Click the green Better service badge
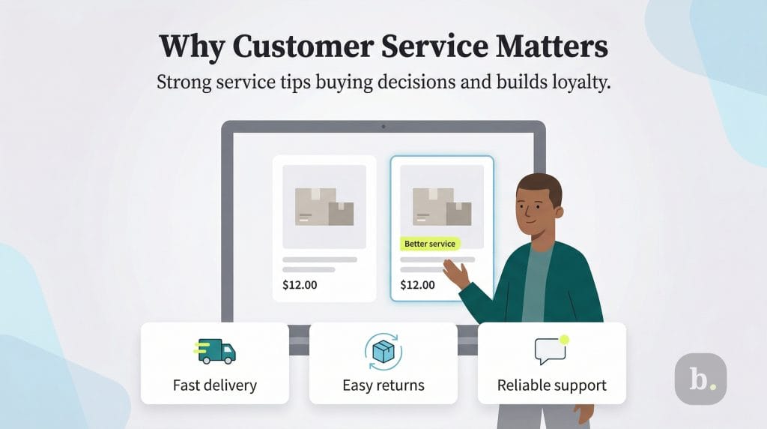pyautogui.click(x=429, y=244)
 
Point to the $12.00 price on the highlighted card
pyautogui.click(x=417, y=285)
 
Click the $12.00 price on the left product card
pyautogui.click(x=300, y=285)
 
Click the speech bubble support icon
pyautogui.click(x=551, y=350)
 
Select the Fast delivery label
pyautogui.click(x=214, y=385)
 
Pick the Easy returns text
pyautogui.click(x=383, y=385)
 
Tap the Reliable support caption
pyautogui.click(x=551, y=385)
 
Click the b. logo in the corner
pyautogui.click(x=700, y=379)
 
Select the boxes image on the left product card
pyautogui.click(x=324, y=206)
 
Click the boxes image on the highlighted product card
pyautogui.click(x=442, y=206)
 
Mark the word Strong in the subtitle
pyautogui.click(x=182, y=82)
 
